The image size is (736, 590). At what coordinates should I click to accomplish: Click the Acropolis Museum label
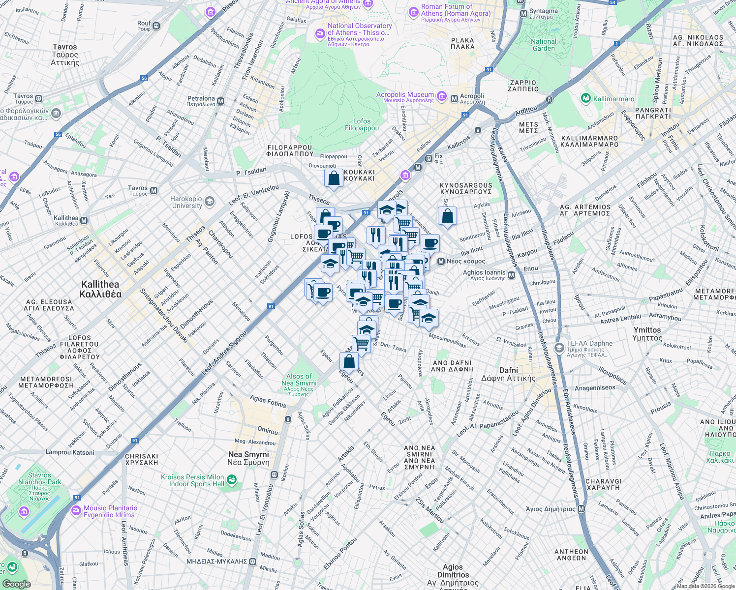[x=405, y=97]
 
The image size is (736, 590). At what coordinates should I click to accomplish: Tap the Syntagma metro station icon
[x=524, y=14]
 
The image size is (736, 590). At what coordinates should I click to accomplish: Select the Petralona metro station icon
[x=220, y=101]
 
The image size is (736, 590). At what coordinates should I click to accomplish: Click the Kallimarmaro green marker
[x=585, y=99]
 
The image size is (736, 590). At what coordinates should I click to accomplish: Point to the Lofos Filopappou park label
[x=362, y=124]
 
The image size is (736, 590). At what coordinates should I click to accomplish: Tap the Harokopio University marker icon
[x=210, y=202]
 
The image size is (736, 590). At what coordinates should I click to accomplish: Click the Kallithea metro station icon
[x=84, y=221]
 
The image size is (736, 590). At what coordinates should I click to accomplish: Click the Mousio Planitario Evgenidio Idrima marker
[x=76, y=511]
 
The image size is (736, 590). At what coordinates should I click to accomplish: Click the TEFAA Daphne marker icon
[x=559, y=348]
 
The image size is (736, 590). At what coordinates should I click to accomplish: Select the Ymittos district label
[x=647, y=334]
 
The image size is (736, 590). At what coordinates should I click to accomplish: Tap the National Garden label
[x=544, y=45]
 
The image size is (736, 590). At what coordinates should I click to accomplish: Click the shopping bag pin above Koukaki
[x=334, y=178]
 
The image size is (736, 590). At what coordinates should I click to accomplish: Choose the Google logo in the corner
[x=16, y=584]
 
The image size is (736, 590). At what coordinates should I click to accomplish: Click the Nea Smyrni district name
[x=248, y=458]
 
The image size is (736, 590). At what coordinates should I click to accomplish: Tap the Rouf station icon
[x=156, y=26]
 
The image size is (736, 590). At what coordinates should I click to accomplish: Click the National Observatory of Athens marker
[x=320, y=33]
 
